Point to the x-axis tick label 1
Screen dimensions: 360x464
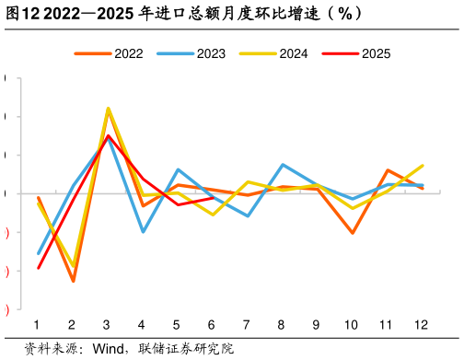point(37,325)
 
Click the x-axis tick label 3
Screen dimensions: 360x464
point(107,325)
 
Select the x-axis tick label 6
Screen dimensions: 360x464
point(212,325)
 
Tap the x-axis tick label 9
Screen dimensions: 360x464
point(316,325)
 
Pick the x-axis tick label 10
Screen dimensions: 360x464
point(351,325)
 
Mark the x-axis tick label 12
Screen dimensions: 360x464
point(421,325)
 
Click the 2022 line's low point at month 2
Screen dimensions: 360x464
point(73,281)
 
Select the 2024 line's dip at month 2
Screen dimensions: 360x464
point(73,266)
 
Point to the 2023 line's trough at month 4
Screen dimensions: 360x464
point(143,231)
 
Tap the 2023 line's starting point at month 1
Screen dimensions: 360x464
point(38,253)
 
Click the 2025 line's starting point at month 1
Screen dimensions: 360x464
point(38,268)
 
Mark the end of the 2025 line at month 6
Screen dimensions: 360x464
point(213,198)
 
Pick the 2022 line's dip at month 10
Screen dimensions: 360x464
point(352,233)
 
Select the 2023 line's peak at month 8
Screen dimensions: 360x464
point(282,165)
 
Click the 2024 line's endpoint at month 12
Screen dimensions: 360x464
point(422,166)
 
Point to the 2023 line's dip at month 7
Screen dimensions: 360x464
point(248,215)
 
